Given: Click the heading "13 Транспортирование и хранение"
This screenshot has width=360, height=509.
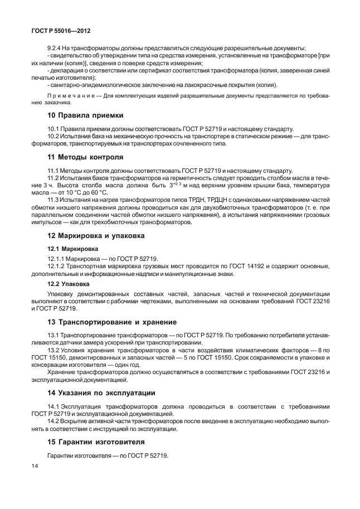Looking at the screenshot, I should tap(111, 322).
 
